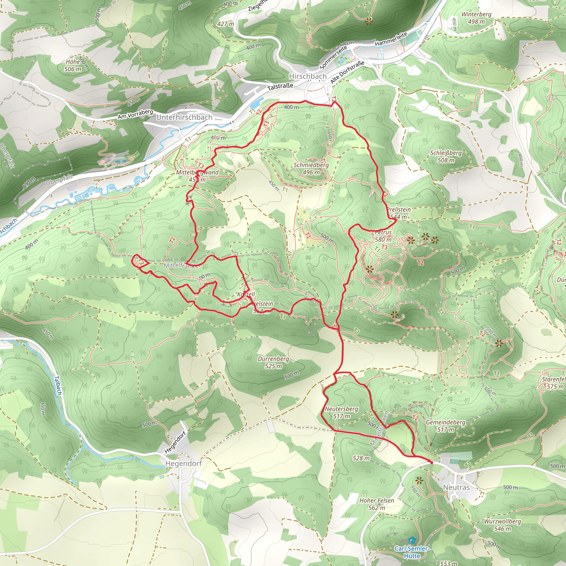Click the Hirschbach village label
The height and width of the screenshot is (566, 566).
pyautogui.click(x=308, y=76)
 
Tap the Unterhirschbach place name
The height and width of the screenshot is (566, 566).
pyautogui.click(x=184, y=117)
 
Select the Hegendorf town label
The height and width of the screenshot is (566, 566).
pyautogui.click(x=184, y=463)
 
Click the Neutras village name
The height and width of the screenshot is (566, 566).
pyautogui.click(x=456, y=487)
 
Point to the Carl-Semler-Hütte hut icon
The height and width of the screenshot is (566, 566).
pyautogui.click(x=412, y=540)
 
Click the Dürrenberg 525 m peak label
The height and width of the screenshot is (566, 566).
pyautogui.click(x=273, y=362)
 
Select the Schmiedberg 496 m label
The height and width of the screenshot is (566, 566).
pyautogui.click(x=311, y=169)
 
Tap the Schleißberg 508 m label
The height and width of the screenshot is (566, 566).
pyautogui.click(x=446, y=156)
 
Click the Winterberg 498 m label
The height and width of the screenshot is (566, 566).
pyautogui.click(x=476, y=18)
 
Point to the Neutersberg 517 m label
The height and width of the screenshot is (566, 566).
pyautogui.click(x=341, y=412)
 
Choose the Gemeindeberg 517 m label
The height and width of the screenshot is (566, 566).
pyautogui.click(x=446, y=426)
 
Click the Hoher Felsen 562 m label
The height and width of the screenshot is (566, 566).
pyautogui.click(x=376, y=504)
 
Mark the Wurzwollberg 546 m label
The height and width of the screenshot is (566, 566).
pyautogui.click(x=502, y=525)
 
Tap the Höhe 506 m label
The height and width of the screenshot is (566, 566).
pyautogui.click(x=73, y=65)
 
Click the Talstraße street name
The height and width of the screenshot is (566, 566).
pyautogui.click(x=280, y=86)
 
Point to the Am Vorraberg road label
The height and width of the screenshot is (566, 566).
pyautogui.click(x=135, y=114)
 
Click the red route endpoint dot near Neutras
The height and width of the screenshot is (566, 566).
pyautogui.click(x=431, y=462)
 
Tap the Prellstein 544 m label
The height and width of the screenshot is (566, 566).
pyautogui.click(x=399, y=213)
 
